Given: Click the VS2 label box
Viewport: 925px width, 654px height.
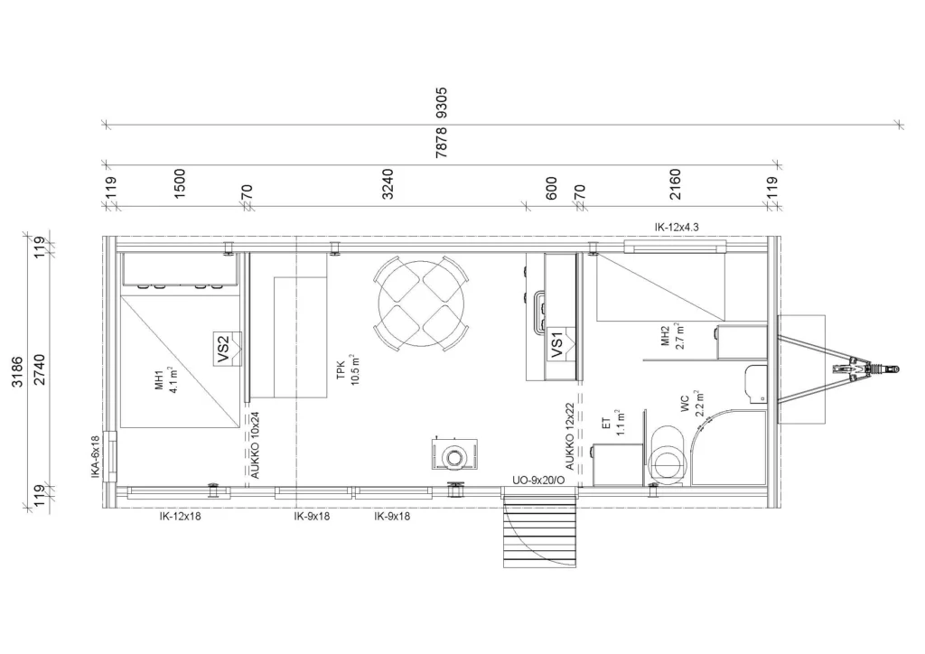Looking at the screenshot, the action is point(223,349).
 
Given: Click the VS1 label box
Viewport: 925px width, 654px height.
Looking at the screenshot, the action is point(557,344).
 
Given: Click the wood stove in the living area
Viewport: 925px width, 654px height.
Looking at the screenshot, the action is point(454,454).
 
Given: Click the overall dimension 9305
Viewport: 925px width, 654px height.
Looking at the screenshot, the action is point(441,103).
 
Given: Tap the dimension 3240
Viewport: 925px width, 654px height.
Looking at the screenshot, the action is point(388,184).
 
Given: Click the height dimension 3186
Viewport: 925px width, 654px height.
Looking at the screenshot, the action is point(18,372).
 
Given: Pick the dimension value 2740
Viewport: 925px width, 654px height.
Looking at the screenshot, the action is point(40,369).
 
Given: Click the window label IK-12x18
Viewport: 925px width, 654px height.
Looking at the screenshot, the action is point(180,517).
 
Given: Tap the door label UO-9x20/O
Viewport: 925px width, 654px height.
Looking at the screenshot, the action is point(538,481).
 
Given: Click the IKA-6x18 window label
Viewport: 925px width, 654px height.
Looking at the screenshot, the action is point(96,456).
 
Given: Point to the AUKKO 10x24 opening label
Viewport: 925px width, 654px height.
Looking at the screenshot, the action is point(255,444).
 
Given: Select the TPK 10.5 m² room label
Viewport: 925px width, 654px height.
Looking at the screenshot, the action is point(348,369).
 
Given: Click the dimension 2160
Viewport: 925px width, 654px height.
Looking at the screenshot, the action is point(676,184).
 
